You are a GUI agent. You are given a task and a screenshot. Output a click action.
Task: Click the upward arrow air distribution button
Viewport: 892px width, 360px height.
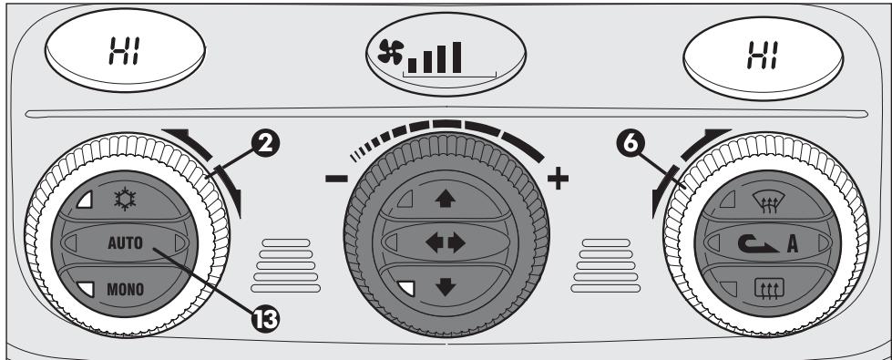[445, 198]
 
